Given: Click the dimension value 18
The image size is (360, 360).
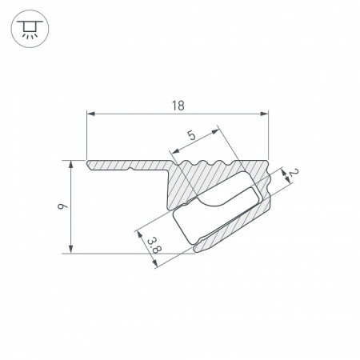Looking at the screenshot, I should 178,104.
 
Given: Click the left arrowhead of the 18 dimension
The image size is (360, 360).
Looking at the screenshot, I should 89,114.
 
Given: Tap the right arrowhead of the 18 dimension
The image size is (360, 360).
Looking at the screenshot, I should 266,114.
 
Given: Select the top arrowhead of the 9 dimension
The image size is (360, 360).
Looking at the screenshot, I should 74,164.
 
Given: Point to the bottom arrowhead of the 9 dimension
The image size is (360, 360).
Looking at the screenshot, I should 74,249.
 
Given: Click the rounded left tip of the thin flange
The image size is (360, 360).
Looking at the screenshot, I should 88,166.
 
